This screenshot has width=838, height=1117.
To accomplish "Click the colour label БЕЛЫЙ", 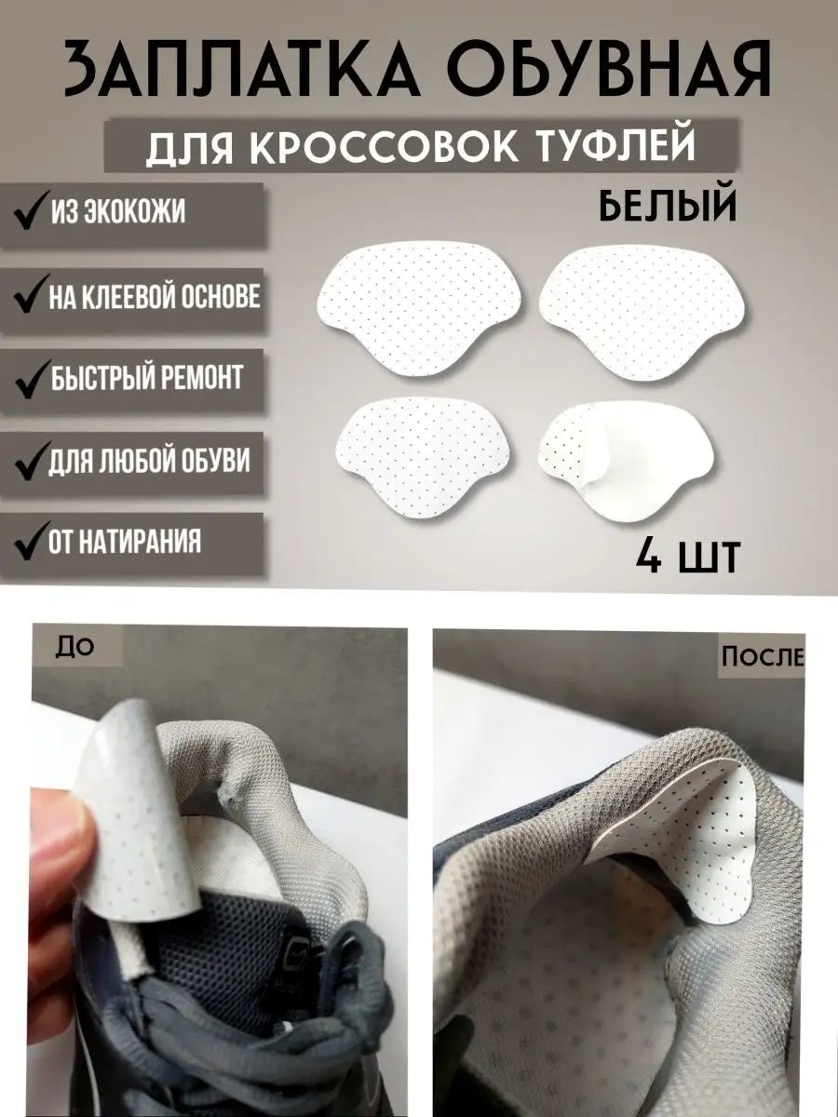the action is (x=668, y=206).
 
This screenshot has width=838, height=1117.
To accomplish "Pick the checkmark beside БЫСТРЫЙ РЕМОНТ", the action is (x=31, y=379).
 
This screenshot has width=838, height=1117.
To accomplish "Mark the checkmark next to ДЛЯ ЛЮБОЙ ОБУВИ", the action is (x=31, y=461).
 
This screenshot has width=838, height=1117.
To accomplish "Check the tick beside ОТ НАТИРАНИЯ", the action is (x=32, y=541).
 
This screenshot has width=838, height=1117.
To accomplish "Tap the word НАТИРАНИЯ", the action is (x=141, y=541).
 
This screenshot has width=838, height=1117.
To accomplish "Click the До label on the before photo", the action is (x=74, y=646).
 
